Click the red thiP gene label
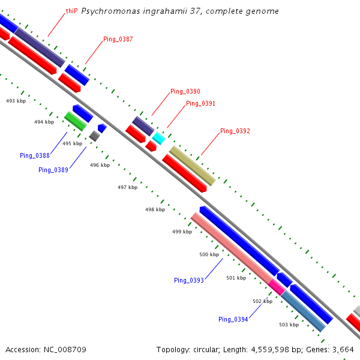click(71, 11)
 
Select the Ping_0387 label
click(118, 39)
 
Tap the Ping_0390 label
click(185, 91)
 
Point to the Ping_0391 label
click(200, 103)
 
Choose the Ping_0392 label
click(235, 131)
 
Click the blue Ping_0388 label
click(34, 155)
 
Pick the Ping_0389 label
click(53, 170)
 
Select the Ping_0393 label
click(189, 280)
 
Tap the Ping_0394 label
click(233, 319)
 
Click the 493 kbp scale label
click(16, 101)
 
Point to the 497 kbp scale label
click(127, 187)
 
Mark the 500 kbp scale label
click(209, 255)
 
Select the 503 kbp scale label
click(289, 325)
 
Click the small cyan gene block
click(158, 139)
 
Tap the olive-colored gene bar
click(192, 166)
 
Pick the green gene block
click(75, 121)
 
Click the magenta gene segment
click(277, 286)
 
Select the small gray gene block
click(94, 136)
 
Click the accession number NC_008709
click(46, 349)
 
